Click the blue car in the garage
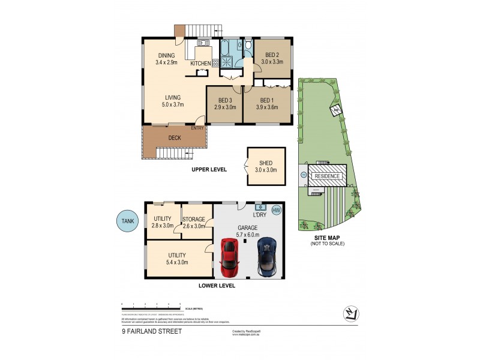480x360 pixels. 267,257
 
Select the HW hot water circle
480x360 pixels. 277,210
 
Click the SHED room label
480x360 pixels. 266,162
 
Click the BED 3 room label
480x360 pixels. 224,100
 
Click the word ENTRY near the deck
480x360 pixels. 197,128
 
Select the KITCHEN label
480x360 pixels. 201,63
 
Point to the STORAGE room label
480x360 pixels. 194,220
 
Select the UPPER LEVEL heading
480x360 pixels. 209,170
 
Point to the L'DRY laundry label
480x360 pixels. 260,214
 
